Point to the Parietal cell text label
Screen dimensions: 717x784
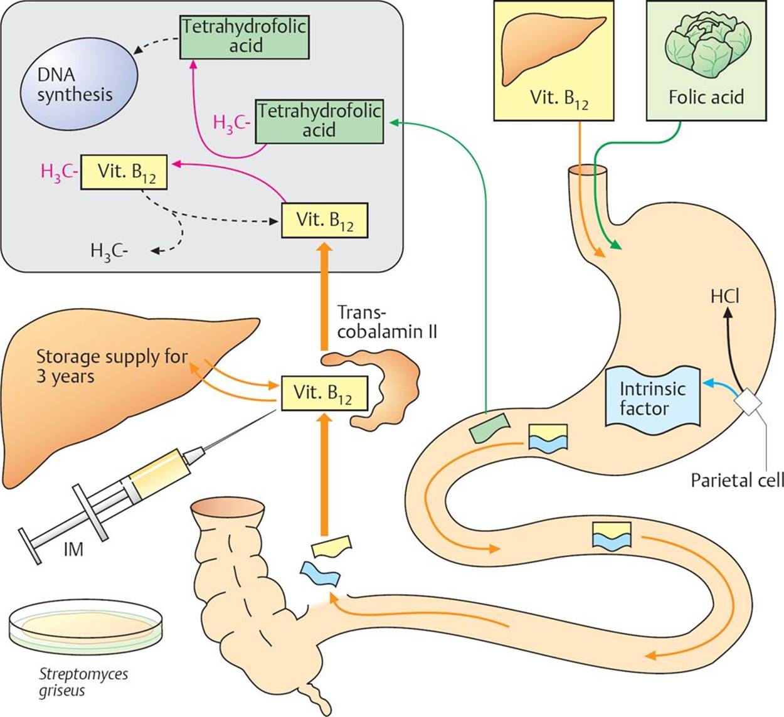point(736,481)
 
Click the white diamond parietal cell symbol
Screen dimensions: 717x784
point(749,401)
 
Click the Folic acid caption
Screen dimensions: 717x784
point(706,97)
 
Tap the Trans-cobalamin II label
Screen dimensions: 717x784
point(386,322)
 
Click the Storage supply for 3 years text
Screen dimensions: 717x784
point(112,366)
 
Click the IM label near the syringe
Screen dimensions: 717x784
point(73,550)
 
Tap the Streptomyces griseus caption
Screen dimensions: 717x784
point(83,682)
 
